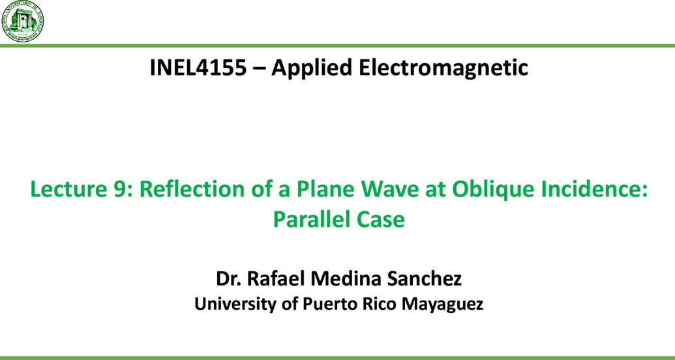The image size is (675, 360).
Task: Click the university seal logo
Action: [x=23, y=21]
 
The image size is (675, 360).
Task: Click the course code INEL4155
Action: [x=198, y=68]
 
